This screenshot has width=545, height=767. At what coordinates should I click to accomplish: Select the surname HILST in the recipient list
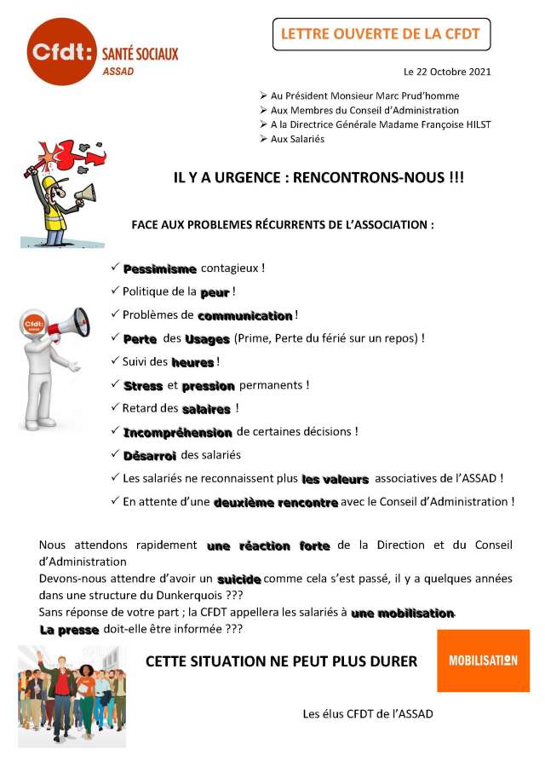476,124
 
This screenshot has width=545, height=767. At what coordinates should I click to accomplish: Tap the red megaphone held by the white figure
72,324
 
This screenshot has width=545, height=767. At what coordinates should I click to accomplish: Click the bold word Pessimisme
160,268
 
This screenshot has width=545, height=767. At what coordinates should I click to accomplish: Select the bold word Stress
143,386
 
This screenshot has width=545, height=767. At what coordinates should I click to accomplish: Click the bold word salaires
206,409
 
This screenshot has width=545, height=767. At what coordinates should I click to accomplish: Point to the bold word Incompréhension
177,432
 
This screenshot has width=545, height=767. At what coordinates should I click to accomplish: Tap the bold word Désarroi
150,455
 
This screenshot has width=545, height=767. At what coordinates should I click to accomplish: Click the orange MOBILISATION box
483,660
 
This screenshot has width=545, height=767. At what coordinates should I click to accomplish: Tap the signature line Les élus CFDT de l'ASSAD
368,713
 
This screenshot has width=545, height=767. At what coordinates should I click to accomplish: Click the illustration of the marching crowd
72,696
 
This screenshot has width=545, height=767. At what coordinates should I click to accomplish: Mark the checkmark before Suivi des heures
115,362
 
